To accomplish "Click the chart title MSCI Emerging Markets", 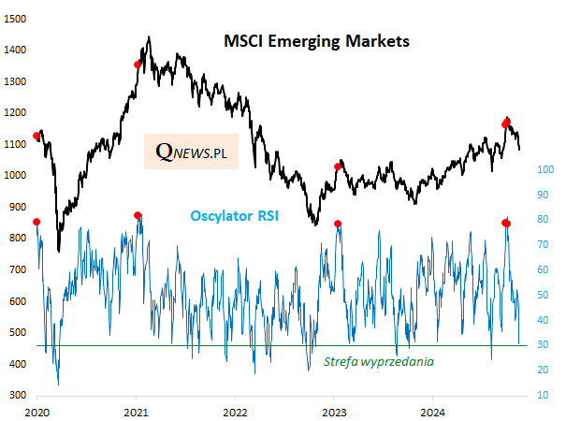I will pyautogui.click(x=315, y=42).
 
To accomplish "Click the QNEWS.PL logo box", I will pyautogui.click(x=191, y=151).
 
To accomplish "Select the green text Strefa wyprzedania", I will pyautogui.click(x=378, y=359).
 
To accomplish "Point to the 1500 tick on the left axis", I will pyautogui.click(x=15, y=19).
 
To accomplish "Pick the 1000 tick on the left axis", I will pyautogui.click(x=15, y=176).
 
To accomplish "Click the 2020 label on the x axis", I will pyautogui.click(x=37, y=412).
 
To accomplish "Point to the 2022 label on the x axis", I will pyautogui.click(x=235, y=412).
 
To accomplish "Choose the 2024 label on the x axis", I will pyautogui.click(x=433, y=412).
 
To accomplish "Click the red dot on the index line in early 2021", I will pyautogui.click(x=138, y=65).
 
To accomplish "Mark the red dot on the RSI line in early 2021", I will pyautogui.click(x=138, y=215).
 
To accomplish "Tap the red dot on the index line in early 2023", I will pyautogui.click(x=338, y=167).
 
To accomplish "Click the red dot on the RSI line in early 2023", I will pyautogui.click(x=338, y=224).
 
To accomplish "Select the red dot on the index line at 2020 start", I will pyautogui.click(x=36, y=137).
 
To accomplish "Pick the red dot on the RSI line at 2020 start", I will pyautogui.click(x=36, y=222).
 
